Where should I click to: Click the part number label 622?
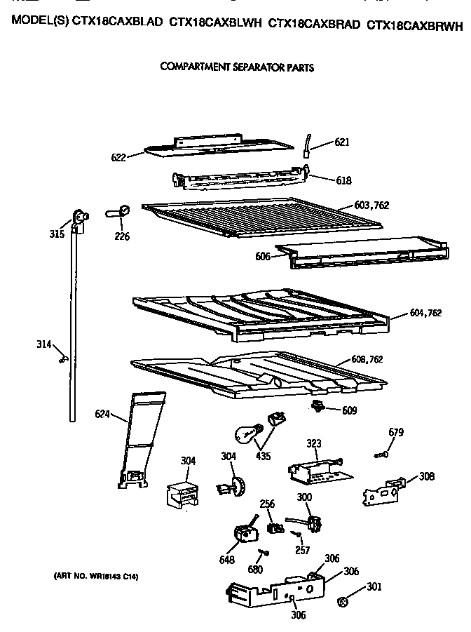[x=118, y=158]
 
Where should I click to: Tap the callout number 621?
[x=342, y=142]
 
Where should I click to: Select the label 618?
[x=343, y=181]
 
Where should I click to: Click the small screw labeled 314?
[x=63, y=359]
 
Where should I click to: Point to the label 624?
[x=102, y=414]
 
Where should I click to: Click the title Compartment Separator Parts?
[x=237, y=68]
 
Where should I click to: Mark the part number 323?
[x=314, y=443]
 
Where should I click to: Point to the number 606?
[x=263, y=257]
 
